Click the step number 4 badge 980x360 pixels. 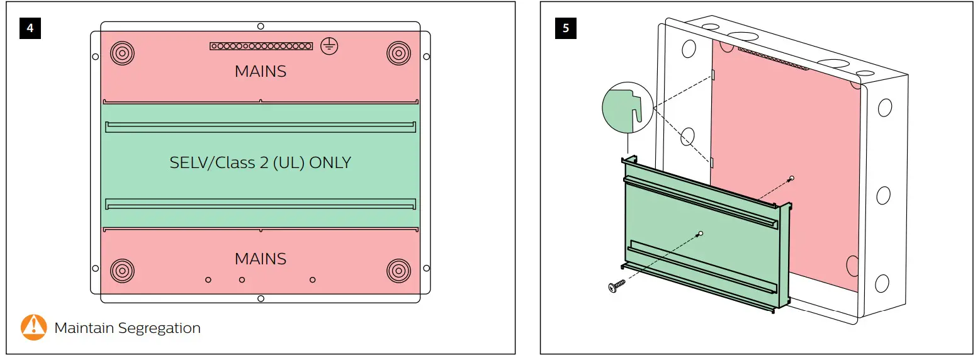(30, 29)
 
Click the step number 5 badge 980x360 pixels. (565, 29)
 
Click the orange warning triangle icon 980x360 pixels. (34, 327)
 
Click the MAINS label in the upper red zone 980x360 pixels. (261, 71)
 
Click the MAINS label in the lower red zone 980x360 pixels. (261, 259)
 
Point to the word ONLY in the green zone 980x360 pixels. (330, 163)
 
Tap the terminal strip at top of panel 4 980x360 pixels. (261, 46)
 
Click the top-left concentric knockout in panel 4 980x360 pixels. (122, 53)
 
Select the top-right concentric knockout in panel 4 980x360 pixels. (399, 53)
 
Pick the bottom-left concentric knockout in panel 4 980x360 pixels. (122, 271)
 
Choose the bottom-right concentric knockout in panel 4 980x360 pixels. (399, 271)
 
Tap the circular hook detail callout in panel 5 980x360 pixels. (628, 108)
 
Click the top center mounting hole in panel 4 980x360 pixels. (261, 26)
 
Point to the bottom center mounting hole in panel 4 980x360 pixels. (261, 298)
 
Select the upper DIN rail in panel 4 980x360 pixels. (261, 127)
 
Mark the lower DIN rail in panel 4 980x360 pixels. (261, 203)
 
